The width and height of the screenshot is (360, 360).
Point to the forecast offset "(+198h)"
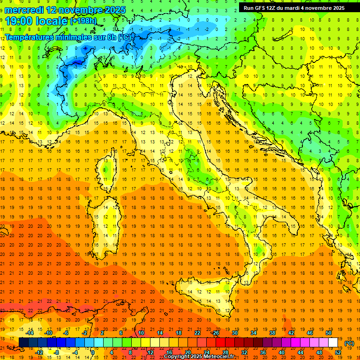[x=83, y=21]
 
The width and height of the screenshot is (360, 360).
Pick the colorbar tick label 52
[x=338, y=352]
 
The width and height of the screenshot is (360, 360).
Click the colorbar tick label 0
[x=93, y=352]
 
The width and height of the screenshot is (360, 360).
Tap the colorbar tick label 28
[x=225, y=352]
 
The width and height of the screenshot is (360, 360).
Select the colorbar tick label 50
[x=329, y=333]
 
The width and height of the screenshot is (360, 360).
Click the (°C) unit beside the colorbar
[x=349, y=343]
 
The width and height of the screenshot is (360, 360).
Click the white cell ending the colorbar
[x=333, y=343]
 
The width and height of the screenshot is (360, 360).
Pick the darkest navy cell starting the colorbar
[x=23, y=343]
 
